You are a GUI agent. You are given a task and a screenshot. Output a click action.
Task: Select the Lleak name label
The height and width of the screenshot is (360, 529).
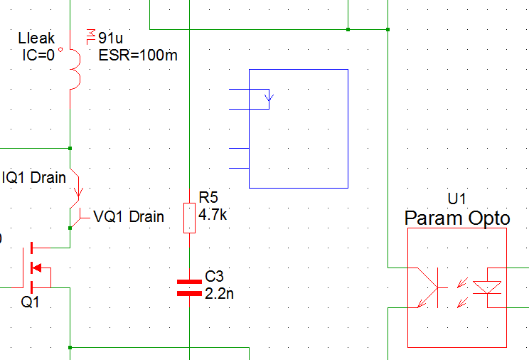point(36,38)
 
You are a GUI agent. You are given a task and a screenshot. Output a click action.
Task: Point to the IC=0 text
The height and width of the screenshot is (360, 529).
point(36,54)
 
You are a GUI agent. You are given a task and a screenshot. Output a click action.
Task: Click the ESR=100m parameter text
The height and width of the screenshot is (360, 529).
point(138,55)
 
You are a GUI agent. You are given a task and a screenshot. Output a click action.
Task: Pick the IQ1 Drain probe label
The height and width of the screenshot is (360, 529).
point(34,177)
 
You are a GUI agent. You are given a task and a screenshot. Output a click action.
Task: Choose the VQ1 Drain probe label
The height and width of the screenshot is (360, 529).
point(129,216)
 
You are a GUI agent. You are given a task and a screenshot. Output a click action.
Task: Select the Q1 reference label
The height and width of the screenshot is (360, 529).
point(31,302)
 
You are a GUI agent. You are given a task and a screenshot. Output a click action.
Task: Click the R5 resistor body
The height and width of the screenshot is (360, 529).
point(189,218)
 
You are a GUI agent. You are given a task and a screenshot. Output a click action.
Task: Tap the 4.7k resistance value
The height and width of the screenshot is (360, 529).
point(213,214)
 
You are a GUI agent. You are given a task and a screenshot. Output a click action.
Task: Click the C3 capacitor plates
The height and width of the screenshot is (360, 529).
point(189,287)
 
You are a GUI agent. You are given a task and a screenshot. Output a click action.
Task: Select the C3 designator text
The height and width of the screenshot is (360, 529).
point(214,276)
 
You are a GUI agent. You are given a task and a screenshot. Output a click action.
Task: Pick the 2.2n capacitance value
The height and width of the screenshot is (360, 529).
point(218,292)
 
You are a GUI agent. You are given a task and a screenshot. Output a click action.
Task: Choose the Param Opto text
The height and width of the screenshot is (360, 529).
point(456,218)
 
